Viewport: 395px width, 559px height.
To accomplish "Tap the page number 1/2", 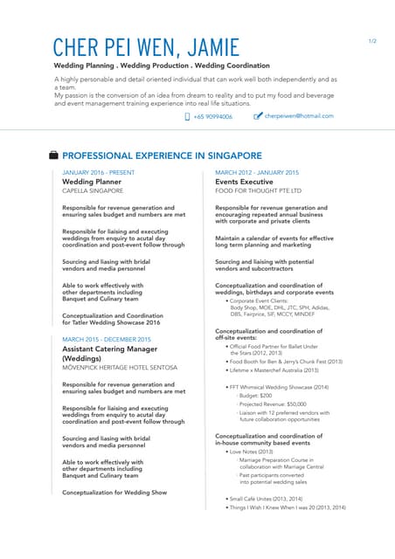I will click(371, 41).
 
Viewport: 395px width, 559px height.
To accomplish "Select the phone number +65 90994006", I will click(213, 116).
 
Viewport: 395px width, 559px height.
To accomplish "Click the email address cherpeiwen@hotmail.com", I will click(299, 116).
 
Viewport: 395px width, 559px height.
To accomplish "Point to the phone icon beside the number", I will click(188, 116).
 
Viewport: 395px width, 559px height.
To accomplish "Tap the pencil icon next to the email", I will click(258, 116).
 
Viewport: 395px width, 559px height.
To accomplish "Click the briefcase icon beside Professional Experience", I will click(54, 155).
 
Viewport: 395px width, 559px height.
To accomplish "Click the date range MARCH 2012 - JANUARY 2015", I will click(257, 173).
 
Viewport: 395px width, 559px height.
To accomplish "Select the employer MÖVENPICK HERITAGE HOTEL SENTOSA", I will click(120, 368).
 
